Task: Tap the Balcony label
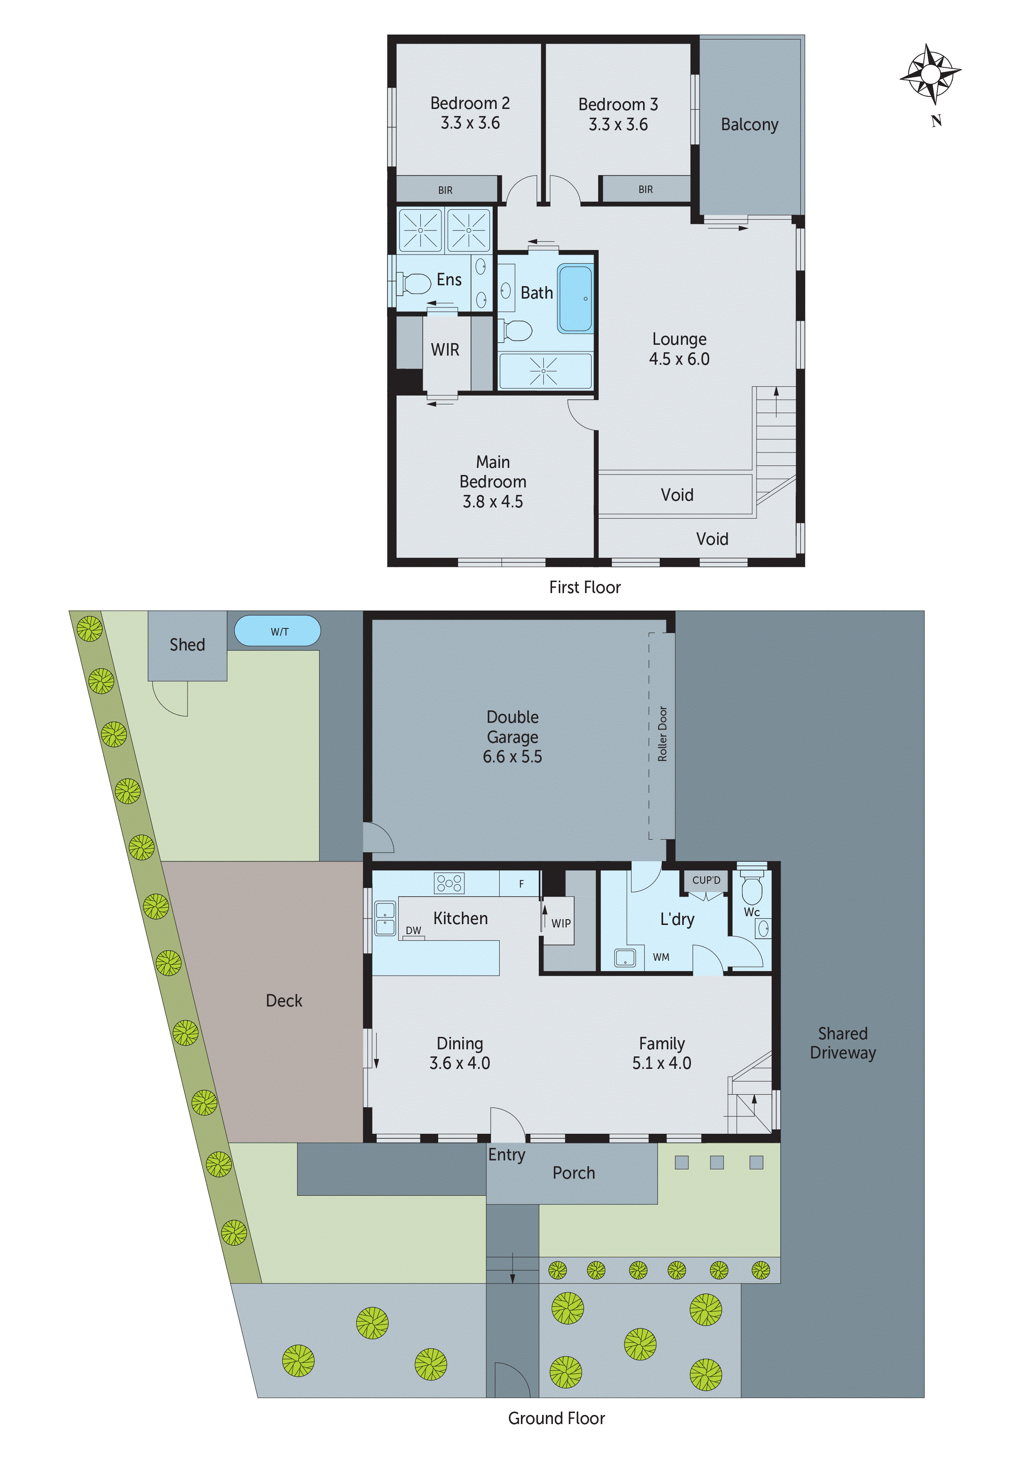tap(749, 124)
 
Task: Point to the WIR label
tap(445, 349)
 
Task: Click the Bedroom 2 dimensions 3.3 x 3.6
tap(470, 123)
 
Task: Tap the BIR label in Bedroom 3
tap(645, 189)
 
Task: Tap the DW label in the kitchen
tap(414, 930)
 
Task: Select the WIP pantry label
tap(560, 923)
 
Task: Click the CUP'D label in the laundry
tap(706, 880)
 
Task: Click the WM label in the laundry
tap(661, 957)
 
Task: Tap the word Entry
tap(506, 1155)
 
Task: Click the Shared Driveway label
tap(842, 1043)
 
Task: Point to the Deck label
tap(284, 1001)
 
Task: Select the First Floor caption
tap(585, 587)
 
